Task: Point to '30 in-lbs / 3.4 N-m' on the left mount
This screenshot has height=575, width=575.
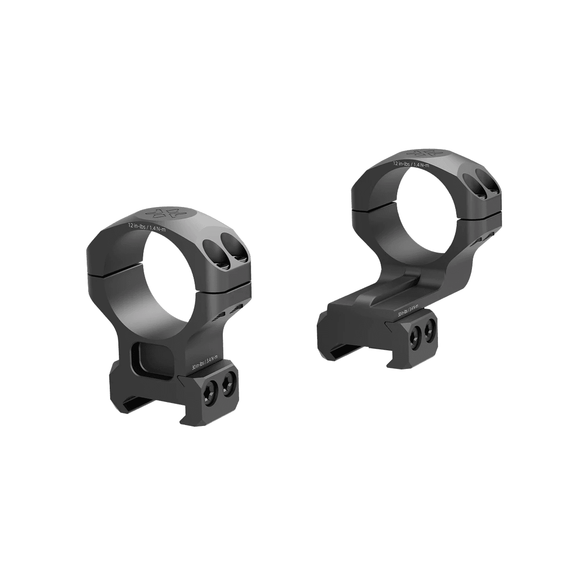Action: pyautogui.click(x=204, y=360)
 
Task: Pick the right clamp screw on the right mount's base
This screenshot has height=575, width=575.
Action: pyautogui.click(x=430, y=328)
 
